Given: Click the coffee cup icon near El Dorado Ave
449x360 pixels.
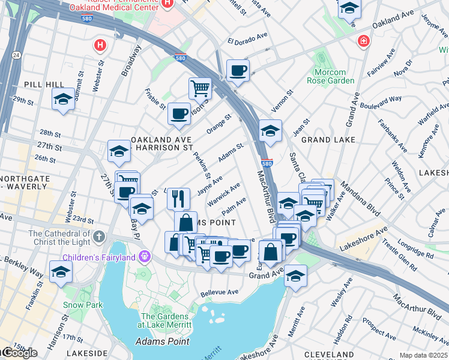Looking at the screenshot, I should pyautogui.click(x=238, y=71).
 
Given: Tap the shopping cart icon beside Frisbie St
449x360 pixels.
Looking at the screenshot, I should pyautogui.click(x=200, y=88).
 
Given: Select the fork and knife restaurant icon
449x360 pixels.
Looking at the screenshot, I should pyautogui.click(x=178, y=198).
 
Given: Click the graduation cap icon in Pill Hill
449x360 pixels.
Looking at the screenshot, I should pyautogui.click(x=62, y=99).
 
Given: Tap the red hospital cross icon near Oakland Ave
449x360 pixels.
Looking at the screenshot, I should pyautogui.click(x=363, y=41).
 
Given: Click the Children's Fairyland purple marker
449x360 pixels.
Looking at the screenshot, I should pyautogui.click(x=144, y=256).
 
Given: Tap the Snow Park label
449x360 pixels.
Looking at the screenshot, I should pyautogui.click(x=78, y=304).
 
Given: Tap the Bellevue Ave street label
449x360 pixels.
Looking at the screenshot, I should pyautogui.click(x=219, y=292).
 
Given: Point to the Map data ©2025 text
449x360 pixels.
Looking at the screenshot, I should pyautogui.click(x=423, y=355).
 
